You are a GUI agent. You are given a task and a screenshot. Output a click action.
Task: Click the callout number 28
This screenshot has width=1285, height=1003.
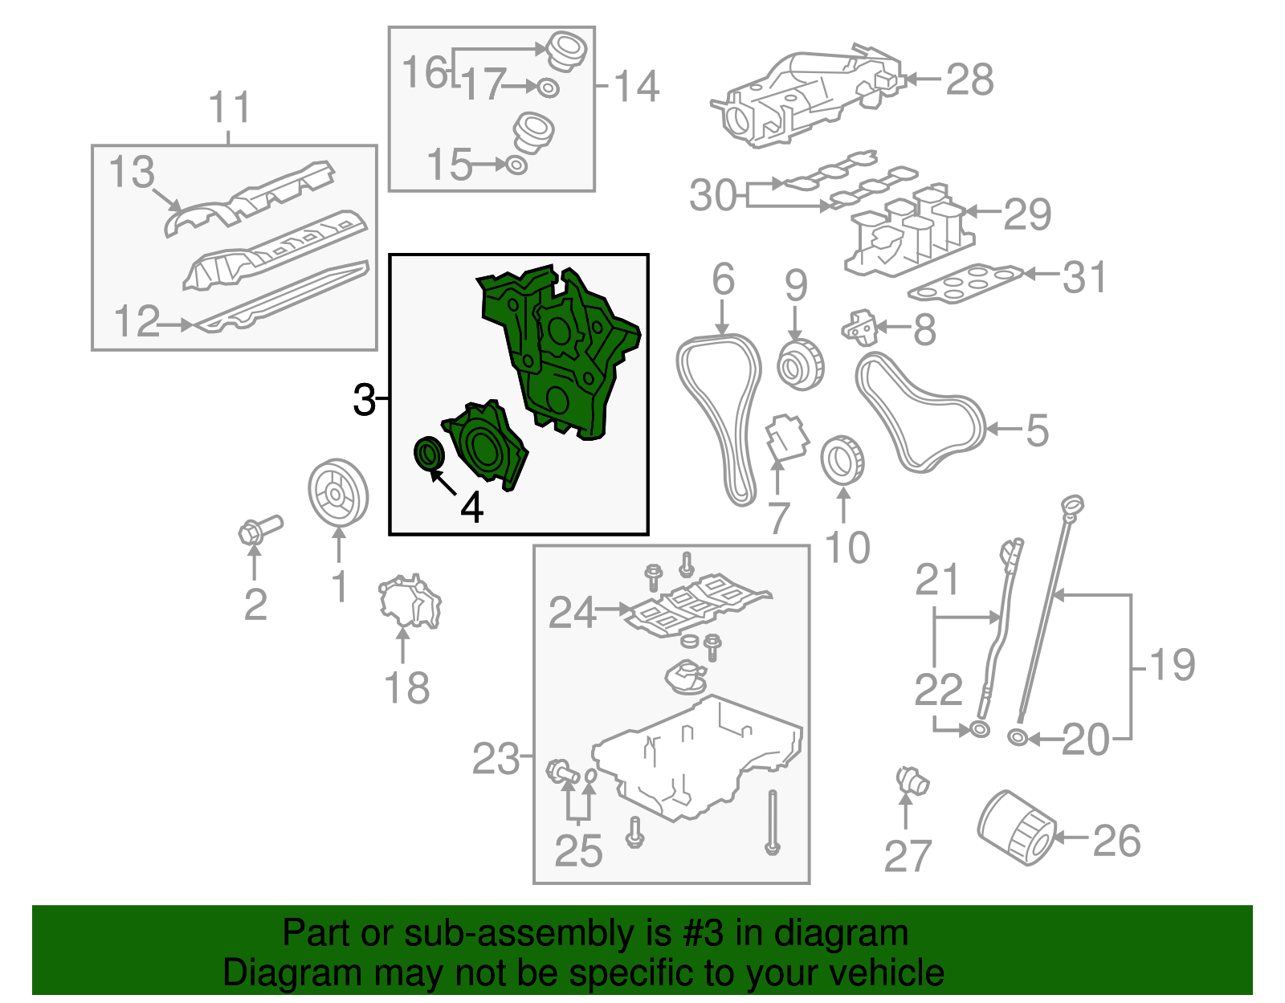point(970,80)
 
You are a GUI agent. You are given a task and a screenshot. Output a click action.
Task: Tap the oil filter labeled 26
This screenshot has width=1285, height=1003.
point(1015,827)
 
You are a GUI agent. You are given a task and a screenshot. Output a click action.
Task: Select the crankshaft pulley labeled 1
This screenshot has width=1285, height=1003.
point(338,491)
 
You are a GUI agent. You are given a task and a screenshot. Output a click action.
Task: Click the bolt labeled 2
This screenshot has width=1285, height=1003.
point(260,529)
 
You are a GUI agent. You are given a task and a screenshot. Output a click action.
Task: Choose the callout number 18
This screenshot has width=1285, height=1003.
point(407,688)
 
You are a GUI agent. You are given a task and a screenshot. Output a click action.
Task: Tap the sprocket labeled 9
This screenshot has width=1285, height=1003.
point(801,365)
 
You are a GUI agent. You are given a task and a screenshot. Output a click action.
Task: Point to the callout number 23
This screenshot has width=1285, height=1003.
point(496,759)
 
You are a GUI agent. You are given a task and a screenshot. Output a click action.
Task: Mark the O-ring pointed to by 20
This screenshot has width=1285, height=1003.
point(1018,737)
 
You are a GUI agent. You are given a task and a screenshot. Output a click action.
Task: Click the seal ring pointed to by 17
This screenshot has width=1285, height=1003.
point(549,88)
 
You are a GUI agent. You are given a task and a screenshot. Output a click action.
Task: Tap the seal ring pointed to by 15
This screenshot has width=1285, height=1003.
point(516,165)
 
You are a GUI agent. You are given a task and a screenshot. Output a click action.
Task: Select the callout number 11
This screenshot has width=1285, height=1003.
point(230,107)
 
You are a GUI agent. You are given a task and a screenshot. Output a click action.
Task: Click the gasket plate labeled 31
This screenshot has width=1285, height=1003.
point(965,283)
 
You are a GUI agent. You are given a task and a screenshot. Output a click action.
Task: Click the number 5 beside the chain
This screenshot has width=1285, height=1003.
point(1037,430)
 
